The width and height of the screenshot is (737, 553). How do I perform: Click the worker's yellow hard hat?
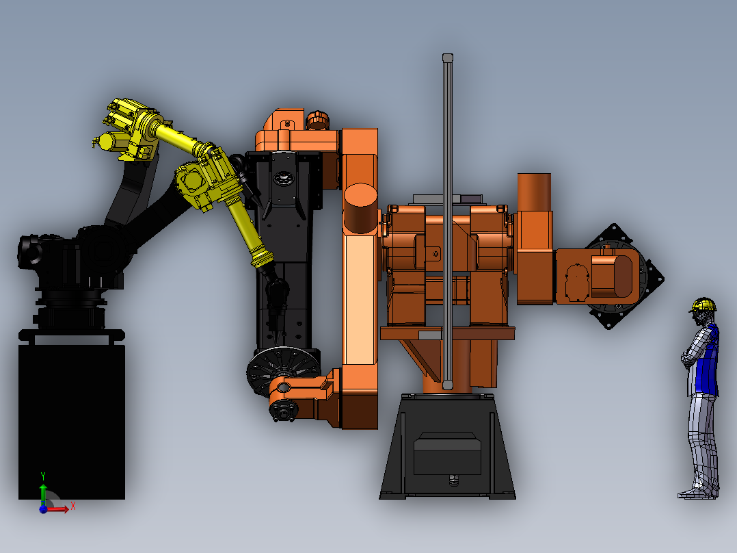[x=703, y=305]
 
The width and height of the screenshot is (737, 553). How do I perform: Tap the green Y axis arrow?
[x=43, y=493]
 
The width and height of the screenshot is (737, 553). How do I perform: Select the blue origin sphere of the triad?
[x=43, y=509]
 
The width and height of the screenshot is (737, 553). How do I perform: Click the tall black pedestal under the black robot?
[x=71, y=422]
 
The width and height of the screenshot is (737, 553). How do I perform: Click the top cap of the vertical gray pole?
[x=447, y=57]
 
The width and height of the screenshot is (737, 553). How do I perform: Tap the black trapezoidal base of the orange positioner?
[x=447, y=446]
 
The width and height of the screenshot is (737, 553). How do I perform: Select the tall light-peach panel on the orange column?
[x=361, y=300]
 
